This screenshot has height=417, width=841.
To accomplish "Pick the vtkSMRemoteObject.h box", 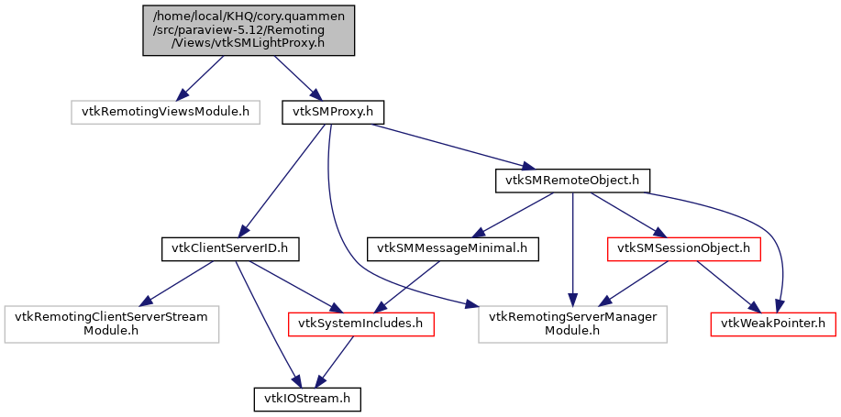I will (x=572, y=181).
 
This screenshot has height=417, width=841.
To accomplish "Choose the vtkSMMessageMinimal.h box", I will (x=453, y=247).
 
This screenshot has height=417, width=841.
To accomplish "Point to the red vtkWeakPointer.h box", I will (x=773, y=323).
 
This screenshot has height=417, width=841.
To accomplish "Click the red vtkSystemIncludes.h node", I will (x=360, y=323).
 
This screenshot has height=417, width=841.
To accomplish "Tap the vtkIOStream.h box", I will (x=307, y=399).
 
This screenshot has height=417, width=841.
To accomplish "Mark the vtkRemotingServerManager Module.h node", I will (x=572, y=323).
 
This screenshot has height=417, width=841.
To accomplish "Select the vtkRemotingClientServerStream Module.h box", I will (x=111, y=323).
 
